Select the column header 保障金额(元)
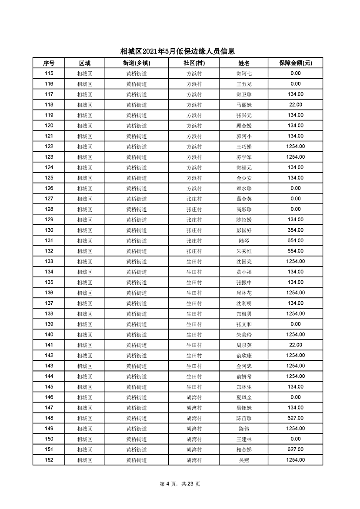tap(295, 63)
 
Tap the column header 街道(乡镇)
tap(137, 63)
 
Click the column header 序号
tap(49, 63)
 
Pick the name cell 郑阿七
tap(244, 74)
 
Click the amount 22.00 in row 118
tap(295, 105)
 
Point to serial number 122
tap(49, 146)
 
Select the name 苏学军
tap(244, 157)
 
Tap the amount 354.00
tap(295, 230)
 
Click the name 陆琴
tap(244, 241)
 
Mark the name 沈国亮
tap(244, 262)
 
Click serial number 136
tap(49, 293)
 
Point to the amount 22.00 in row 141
tap(295, 345)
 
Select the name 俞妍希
tap(244, 376)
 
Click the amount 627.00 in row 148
tap(295, 418)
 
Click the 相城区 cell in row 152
tap(84, 460)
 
